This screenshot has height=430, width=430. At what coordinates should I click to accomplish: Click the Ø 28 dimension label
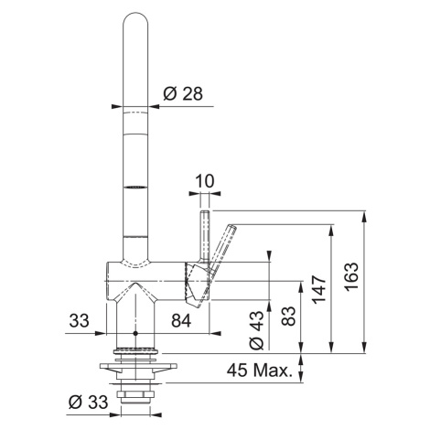tap(183, 93)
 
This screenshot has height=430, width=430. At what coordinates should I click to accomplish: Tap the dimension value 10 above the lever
tap(205, 181)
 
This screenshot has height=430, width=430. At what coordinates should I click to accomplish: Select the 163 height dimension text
tap(351, 276)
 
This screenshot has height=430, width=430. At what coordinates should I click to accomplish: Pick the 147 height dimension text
tap(319, 289)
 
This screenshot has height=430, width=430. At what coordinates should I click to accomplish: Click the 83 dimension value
tap(288, 316)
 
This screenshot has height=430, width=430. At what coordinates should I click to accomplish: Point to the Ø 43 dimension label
tap(256, 330)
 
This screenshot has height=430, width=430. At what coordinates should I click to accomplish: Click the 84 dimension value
tap(181, 320)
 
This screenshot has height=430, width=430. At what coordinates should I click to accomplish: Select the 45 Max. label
tap(258, 371)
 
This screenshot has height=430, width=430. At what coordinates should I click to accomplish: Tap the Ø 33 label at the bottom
tap(88, 402)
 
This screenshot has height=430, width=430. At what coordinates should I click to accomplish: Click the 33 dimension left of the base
tap(79, 320)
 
